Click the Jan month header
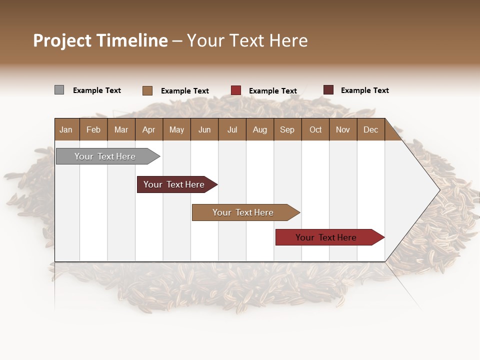[66, 129]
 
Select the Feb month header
[93, 129]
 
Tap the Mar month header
[121, 129]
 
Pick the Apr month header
[149, 129]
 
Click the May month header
[176, 129]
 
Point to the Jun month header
[204, 129]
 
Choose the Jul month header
[232, 129]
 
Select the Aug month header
[260, 129]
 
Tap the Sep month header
[287, 129]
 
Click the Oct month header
[315, 129]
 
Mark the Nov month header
[343, 129]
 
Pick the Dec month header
[371, 129]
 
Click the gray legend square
[59, 90]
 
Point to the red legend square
[236, 90]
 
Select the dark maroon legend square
[328, 90]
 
